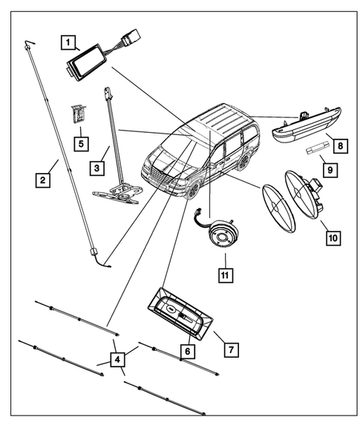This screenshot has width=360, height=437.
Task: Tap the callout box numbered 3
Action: click(97, 169)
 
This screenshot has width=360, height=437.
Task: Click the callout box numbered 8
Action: click(338, 147)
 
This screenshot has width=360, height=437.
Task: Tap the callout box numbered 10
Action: click(333, 237)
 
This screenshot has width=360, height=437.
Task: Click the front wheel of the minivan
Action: click(194, 190)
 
